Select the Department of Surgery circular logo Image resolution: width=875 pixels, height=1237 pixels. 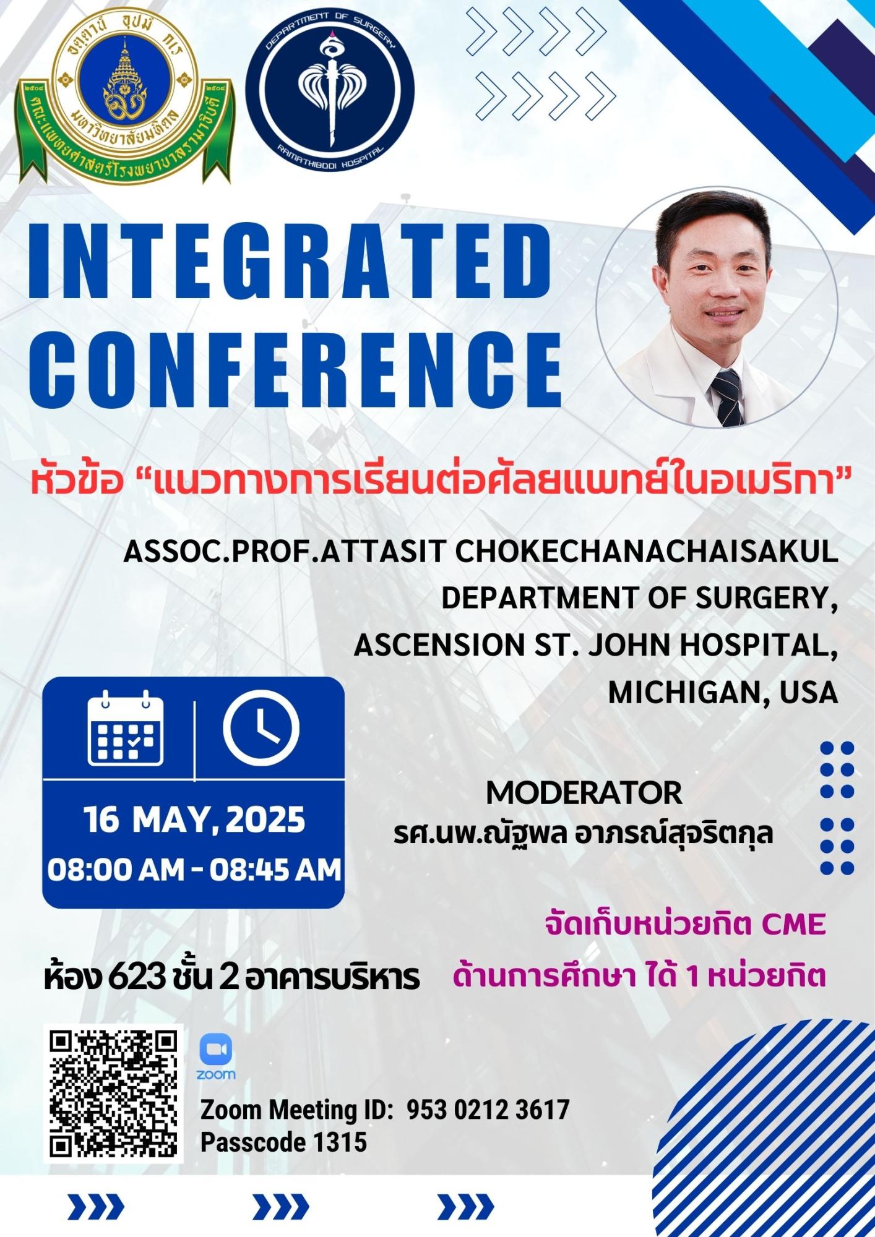tap(329, 93)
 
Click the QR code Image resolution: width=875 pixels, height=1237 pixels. tap(116, 1093)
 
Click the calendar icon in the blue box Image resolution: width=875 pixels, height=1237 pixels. tap(126, 729)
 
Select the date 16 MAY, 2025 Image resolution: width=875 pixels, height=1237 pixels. tap(194, 821)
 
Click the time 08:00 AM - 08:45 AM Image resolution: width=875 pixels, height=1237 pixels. tap(194, 869)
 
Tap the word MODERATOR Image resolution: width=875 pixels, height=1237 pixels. tap(584, 792)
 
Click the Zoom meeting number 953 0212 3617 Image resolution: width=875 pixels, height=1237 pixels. tap(488, 1109)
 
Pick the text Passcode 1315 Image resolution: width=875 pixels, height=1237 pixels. tap(283, 1142)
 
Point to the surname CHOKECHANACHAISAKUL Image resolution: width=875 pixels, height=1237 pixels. tap(647, 552)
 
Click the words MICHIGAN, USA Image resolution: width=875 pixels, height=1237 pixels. tap(723, 693)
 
